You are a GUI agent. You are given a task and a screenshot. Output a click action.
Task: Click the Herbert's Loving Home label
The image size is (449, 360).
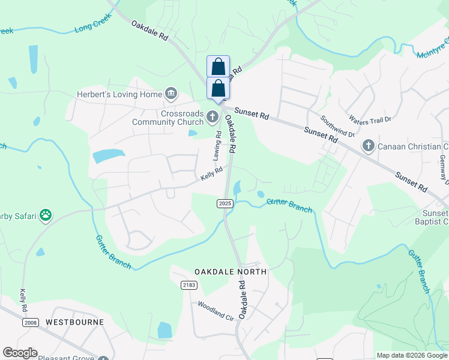click(119, 94)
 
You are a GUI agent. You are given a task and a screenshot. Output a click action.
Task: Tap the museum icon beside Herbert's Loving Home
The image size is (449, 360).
click(171, 94)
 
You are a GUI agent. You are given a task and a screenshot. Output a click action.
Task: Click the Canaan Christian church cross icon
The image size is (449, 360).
click(368, 146)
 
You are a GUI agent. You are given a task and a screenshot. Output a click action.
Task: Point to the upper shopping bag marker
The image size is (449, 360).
click(218, 66)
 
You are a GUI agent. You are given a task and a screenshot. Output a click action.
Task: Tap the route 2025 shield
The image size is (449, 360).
click(224, 204)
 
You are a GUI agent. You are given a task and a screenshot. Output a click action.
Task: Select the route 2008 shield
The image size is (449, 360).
click(31, 322)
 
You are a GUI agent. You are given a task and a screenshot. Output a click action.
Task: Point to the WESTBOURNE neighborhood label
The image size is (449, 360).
click(75, 322)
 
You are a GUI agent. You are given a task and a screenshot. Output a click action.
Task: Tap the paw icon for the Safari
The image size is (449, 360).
click(45, 215)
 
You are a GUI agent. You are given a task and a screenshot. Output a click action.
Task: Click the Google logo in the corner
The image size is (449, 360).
click(20, 353)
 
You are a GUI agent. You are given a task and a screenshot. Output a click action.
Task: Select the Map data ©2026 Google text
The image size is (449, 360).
click(412, 355)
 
